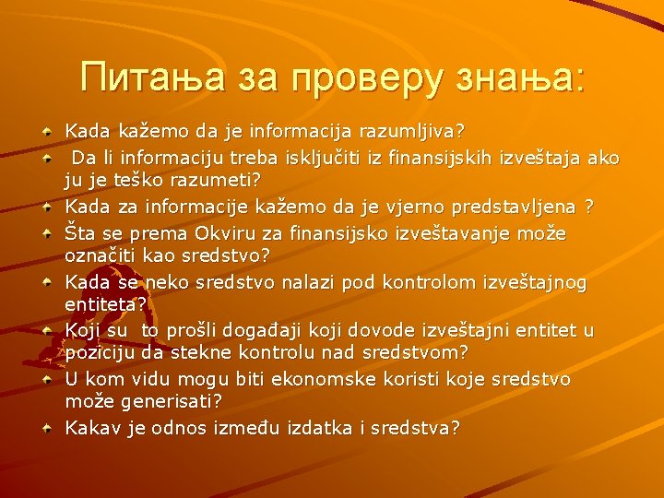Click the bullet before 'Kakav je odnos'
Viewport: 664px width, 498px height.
(46, 428)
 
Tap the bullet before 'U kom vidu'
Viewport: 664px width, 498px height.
(46, 379)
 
